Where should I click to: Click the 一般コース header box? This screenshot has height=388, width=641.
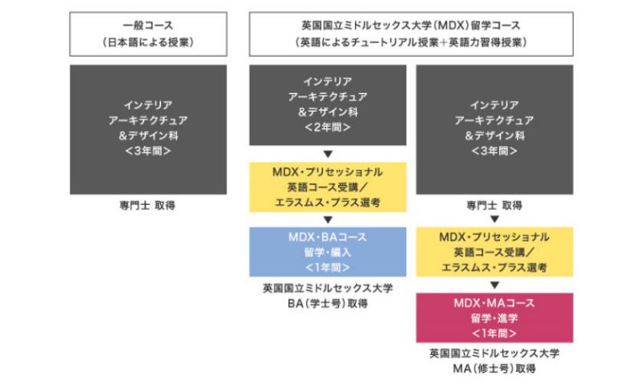point(148,34)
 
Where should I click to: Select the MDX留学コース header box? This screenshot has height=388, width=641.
point(411,34)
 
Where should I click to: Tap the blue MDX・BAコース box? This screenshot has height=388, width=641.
point(328,252)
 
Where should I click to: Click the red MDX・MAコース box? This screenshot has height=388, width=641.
point(494,317)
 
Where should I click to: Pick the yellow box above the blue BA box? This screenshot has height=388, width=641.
point(328,187)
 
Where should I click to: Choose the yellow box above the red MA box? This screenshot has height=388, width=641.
point(494,252)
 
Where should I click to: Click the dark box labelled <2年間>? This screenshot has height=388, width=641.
point(328,105)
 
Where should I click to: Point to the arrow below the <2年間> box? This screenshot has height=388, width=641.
point(328,154)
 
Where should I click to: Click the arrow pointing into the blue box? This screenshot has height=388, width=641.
point(328,220)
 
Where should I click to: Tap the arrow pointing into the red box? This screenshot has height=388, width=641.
point(494,285)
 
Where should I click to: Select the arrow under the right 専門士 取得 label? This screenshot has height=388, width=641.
point(494,219)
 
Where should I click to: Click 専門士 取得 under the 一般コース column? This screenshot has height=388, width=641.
point(147,205)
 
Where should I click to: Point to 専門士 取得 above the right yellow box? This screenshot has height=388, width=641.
point(494,205)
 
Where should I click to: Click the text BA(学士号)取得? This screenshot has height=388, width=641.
point(328,303)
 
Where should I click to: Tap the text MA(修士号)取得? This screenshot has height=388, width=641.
point(494,369)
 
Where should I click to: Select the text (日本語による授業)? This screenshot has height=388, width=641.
point(148,42)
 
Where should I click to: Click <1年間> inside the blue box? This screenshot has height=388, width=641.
point(328,268)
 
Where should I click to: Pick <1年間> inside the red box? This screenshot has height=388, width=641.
point(494,333)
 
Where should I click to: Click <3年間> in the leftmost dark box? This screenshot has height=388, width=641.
point(148,151)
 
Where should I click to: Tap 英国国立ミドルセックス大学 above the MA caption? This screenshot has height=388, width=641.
point(494,354)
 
